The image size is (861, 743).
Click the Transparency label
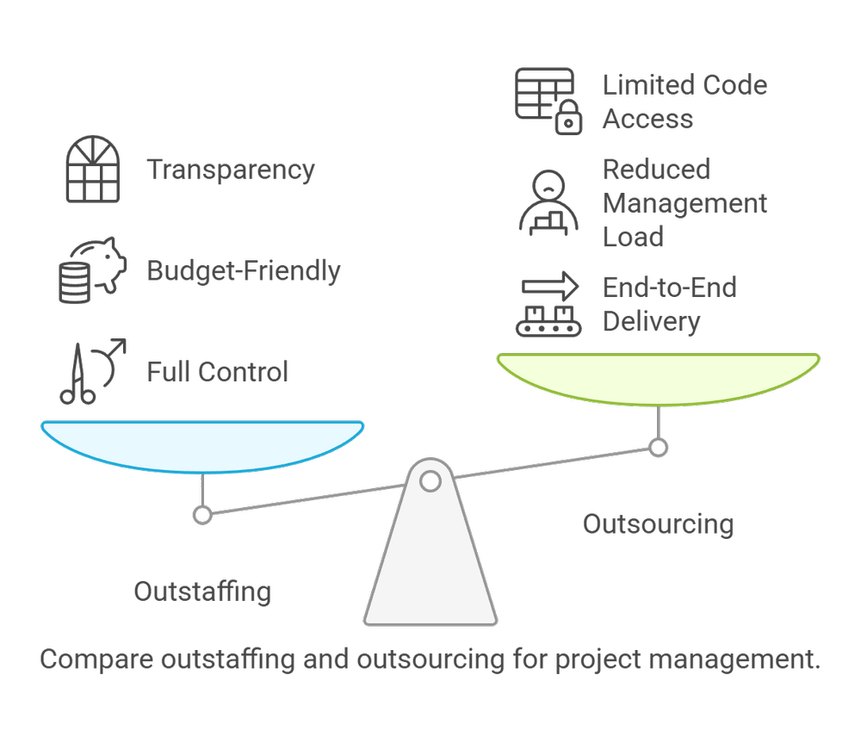[231, 170]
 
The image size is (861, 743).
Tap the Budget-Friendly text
[244, 271]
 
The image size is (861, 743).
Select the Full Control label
[217, 372]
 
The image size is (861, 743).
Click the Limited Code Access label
[684, 102]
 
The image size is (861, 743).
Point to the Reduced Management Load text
[684, 203]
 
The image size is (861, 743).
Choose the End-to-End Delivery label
[669, 304]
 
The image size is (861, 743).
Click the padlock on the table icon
[568, 120]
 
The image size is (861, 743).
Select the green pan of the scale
[659, 377]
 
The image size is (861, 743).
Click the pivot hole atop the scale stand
[430, 480]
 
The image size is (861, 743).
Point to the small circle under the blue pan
[202, 515]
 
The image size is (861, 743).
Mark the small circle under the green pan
[659, 447]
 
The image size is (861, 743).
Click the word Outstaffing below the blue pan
[202, 591]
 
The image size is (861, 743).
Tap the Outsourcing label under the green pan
[658, 523]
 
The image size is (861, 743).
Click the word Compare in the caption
[95, 660]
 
